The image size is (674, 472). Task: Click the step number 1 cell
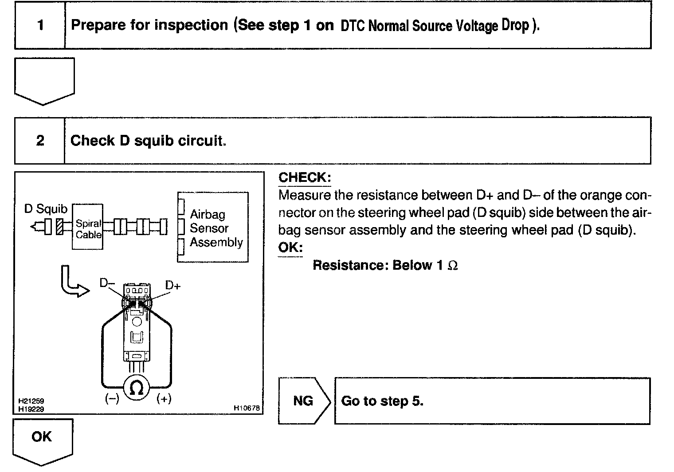click(40, 25)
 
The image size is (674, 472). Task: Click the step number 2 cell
click(40, 141)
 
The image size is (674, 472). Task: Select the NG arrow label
click(304, 401)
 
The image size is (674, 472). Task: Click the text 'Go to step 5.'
click(382, 401)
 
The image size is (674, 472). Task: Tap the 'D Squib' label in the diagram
click(46, 209)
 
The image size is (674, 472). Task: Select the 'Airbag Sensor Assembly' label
click(216, 228)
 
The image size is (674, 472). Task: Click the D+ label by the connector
click(172, 285)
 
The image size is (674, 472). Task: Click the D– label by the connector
click(107, 283)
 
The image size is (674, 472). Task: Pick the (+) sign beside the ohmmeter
click(164, 399)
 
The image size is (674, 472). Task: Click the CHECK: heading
click(304, 177)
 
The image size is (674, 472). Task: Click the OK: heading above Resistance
click(290, 248)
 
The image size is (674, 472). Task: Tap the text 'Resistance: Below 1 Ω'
click(385, 265)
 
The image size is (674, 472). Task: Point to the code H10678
click(246, 408)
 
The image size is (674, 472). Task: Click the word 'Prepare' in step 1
click(98, 25)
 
